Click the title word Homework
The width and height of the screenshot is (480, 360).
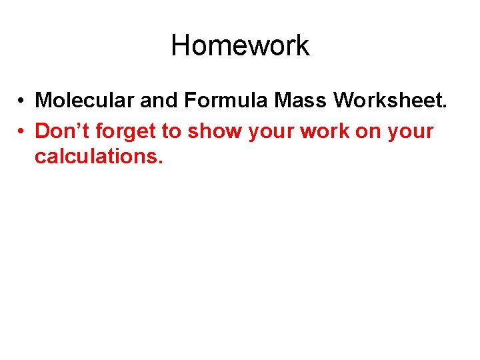[240, 46]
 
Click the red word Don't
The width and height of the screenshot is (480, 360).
[59, 131]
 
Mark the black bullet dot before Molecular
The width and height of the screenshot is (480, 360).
[22, 101]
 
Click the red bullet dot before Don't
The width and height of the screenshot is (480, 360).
[22, 132]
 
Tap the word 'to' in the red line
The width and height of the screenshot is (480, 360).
[172, 132]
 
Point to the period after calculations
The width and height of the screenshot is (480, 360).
[160, 161]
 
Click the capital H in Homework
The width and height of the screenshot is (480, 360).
[180, 46]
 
